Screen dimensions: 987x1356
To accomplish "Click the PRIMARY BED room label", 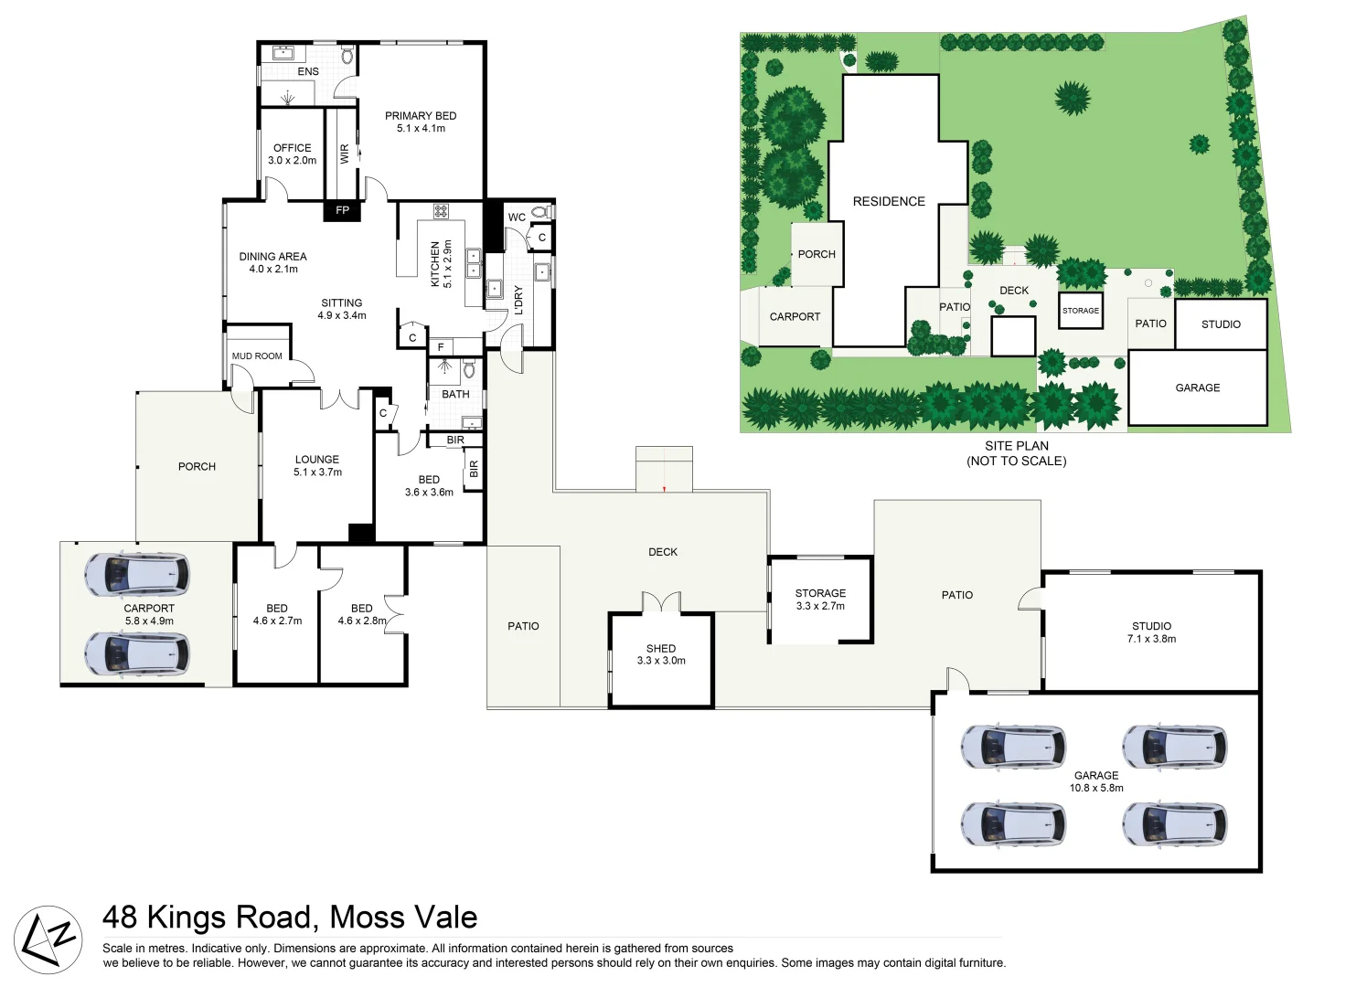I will coord(421,116).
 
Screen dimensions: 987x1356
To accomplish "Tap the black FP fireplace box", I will coord(342,210).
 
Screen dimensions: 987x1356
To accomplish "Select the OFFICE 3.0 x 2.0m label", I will coord(292,154).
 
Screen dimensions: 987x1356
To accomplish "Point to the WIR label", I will coord(345,154).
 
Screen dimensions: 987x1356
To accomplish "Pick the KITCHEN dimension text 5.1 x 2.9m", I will coord(447,264).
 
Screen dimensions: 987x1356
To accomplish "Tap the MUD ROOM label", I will coord(257,356).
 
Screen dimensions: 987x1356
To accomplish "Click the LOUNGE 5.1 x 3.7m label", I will coord(317,465).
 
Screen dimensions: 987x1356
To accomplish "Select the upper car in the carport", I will coord(137,574).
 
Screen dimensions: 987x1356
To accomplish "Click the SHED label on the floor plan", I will coord(661,648).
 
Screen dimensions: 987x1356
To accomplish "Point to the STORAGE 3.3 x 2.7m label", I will coord(820,600).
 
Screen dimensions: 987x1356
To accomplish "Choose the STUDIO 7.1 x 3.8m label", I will coord(1151,632).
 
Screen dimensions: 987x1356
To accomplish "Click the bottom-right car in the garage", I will coord(1174,824).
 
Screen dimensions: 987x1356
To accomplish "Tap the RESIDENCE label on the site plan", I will coord(889,201).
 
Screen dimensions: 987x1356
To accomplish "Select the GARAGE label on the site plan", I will coord(1197,387).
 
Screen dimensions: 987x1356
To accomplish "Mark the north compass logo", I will coord(48,939).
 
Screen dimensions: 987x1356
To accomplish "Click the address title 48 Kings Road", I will coord(289,917).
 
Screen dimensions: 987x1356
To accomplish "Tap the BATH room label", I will coord(455,395).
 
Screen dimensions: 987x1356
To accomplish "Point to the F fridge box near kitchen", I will coord(441,347).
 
